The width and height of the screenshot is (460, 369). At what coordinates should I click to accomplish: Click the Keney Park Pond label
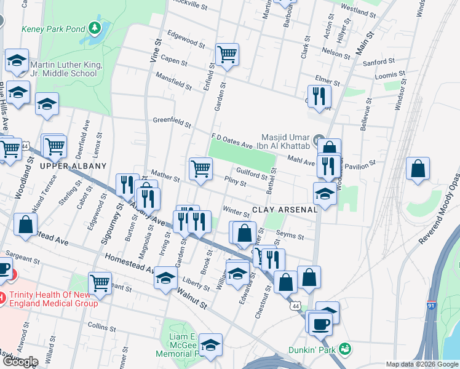point(52,28)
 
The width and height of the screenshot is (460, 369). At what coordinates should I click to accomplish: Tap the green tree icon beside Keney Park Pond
point(94,27)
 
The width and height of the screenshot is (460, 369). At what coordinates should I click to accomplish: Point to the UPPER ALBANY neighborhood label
point(73,166)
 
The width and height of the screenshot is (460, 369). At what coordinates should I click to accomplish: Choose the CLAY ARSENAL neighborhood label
point(285,209)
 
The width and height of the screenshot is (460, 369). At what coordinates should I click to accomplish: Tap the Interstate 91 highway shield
point(432,305)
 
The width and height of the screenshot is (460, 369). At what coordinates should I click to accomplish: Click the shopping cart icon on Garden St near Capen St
point(228,54)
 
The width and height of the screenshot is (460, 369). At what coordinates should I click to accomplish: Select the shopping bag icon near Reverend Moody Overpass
point(418,169)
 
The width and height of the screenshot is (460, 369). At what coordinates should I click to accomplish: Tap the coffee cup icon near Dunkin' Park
point(320,322)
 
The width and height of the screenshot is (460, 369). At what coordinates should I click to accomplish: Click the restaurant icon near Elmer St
point(319,95)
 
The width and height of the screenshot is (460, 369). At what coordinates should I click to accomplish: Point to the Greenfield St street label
point(172,122)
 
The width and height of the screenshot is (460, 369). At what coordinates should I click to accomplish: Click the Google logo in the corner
point(20,362)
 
